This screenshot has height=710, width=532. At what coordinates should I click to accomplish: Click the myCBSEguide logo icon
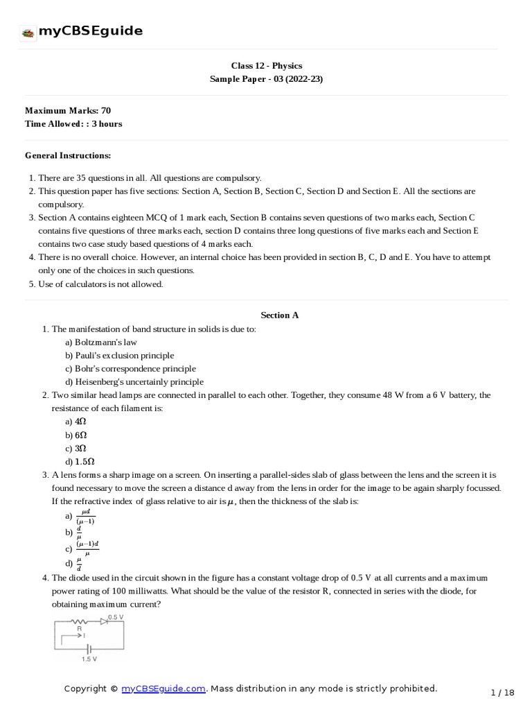[28, 33]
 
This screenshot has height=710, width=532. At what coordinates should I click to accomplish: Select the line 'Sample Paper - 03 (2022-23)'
[266, 79]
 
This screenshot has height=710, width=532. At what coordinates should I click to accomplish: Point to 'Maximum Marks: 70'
[68, 110]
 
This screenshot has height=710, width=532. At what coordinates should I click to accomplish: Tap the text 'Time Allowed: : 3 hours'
[73, 124]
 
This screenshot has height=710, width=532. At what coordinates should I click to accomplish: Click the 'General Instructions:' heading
[68, 155]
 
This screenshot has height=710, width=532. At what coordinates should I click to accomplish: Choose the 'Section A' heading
[279, 315]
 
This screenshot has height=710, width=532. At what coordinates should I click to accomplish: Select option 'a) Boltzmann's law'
[101, 342]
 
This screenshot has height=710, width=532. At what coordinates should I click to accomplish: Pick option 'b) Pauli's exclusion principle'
[120, 355]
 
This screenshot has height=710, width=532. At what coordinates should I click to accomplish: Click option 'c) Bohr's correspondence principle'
[130, 368]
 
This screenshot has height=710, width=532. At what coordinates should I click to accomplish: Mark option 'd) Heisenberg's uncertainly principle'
[134, 381]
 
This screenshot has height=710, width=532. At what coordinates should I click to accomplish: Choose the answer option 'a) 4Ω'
[76, 422]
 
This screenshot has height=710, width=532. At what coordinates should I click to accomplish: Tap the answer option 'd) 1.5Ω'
[80, 461]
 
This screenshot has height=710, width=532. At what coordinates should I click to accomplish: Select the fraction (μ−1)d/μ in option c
[87, 549]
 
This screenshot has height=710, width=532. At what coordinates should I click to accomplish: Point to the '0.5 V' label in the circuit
[116, 616]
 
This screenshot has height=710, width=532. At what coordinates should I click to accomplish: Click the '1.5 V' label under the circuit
[89, 659]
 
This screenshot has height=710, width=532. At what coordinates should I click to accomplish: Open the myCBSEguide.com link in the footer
[163, 689]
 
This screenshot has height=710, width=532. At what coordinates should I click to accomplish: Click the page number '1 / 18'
[502, 692]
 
